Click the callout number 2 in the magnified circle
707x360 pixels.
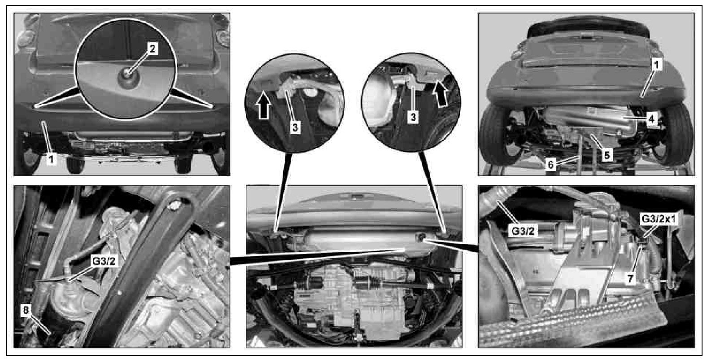tap(153, 49)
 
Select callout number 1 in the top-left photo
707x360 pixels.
tap(51, 159)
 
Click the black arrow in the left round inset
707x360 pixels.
tap(263, 105)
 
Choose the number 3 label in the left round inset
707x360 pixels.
tap(295, 127)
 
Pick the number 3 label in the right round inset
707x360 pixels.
tap(413, 117)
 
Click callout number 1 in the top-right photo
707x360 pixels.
tap(656, 66)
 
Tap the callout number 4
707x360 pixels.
tap(651, 119)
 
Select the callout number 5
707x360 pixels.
tap(607, 155)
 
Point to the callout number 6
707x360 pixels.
tap(550, 164)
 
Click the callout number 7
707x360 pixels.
tap(630, 278)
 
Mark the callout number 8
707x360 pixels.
tap(26, 310)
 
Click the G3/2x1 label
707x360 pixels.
tap(659, 219)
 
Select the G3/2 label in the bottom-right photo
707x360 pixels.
tap(523, 231)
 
